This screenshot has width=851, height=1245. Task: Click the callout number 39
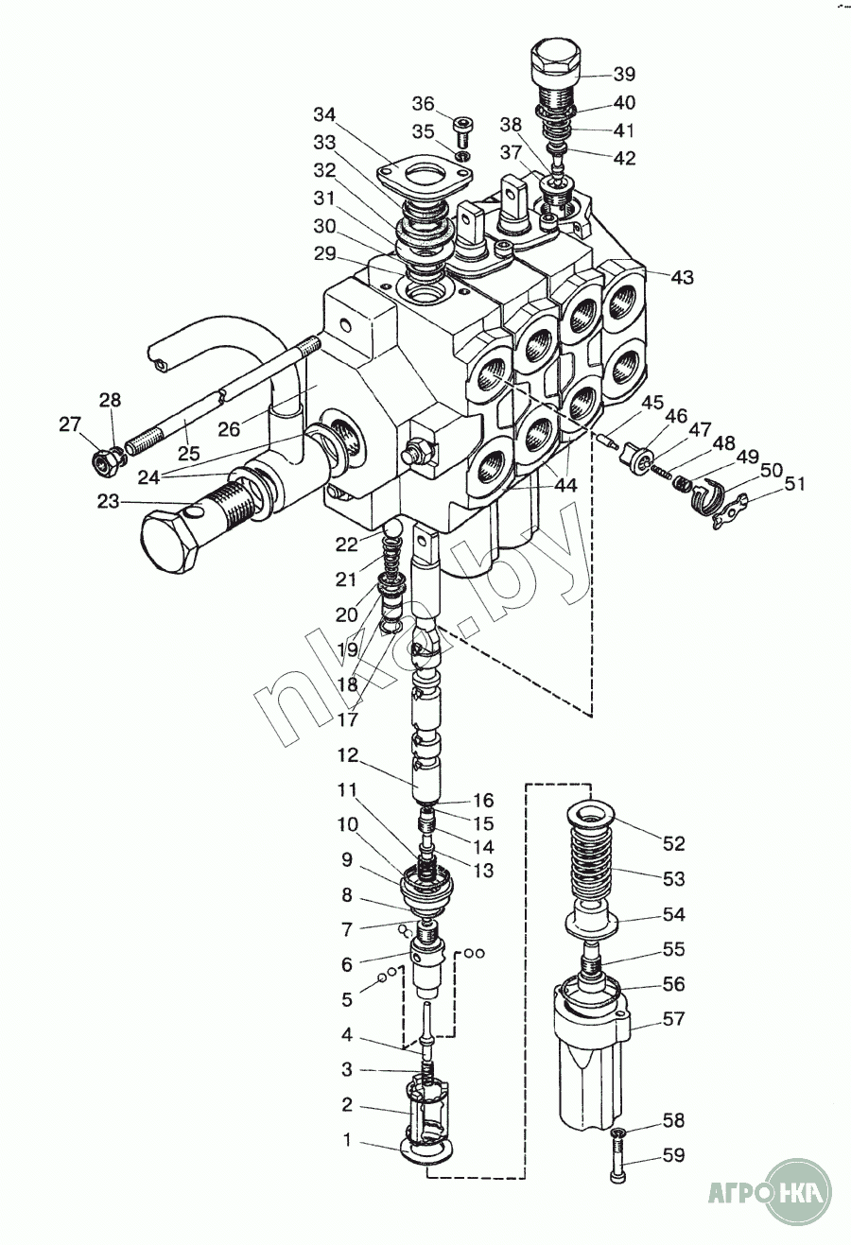[624, 74]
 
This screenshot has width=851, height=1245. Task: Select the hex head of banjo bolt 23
[171, 542]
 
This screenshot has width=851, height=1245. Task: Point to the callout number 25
[189, 454]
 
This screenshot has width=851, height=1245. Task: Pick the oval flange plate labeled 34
[425, 178]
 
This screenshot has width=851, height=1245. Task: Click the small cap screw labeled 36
[462, 131]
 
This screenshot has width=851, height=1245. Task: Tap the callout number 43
[682, 277]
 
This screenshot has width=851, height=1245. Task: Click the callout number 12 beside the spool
[348, 755]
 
